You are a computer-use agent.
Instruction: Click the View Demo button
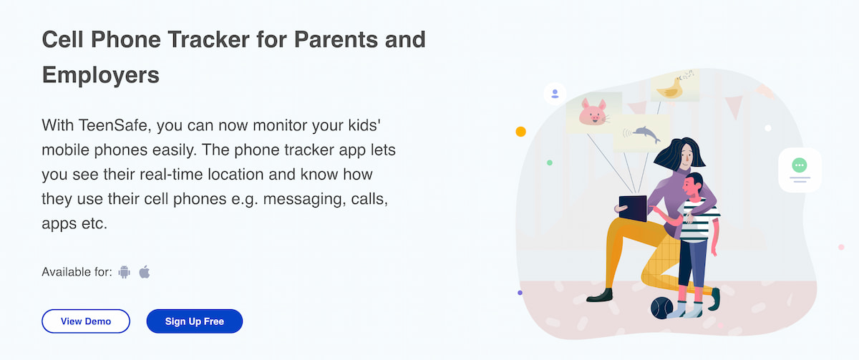click(x=86, y=321)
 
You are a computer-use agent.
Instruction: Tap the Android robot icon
click(x=125, y=272)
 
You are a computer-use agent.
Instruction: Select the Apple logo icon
click(x=145, y=272)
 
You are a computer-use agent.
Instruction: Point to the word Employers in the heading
click(x=101, y=74)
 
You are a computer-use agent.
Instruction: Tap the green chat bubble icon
click(x=800, y=166)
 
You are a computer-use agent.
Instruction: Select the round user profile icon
click(x=555, y=93)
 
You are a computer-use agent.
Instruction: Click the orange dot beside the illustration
click(x=520, y=132)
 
